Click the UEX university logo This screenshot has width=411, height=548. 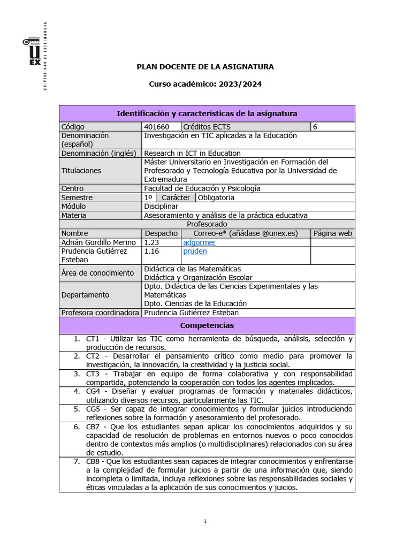point(34,52)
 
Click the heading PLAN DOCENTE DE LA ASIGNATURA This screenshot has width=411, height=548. point(205,67)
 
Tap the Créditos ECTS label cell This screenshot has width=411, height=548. point(207,127)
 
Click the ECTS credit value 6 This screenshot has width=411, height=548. point(315,127)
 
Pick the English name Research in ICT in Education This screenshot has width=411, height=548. point(193,153)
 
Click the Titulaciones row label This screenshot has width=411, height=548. point(81,171)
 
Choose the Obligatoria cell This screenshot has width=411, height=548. point(216,197)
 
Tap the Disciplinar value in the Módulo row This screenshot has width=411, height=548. point(161,206)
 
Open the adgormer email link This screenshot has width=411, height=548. point(199,242)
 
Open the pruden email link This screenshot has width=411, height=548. point(195,251)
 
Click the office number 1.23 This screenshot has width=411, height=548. point(152,242)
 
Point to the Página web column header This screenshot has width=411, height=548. point(333,233)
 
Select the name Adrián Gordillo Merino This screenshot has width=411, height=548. point(98,242)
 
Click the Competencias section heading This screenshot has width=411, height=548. point(207,325)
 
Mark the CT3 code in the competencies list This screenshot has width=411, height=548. point(93,374)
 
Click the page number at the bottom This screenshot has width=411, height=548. point(205,522)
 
